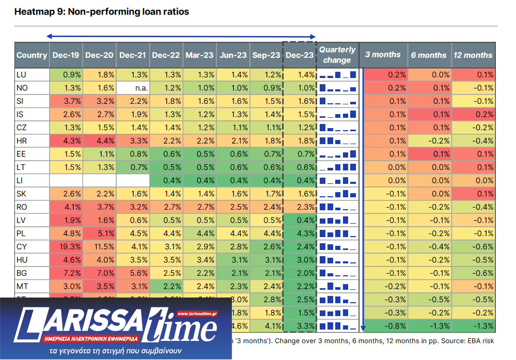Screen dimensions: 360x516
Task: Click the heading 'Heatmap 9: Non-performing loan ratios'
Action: coord(102,12)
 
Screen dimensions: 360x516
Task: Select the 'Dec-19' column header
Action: coord(66,55)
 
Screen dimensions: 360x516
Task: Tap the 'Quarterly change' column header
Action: coord(337,55)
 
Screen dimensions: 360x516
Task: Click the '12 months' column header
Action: coord(473,55)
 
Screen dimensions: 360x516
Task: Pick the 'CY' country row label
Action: coord(22,247)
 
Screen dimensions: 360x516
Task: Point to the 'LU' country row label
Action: coord(22,75)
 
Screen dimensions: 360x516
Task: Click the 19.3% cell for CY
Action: coord(66,247)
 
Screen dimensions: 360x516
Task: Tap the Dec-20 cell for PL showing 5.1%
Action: coord(99,233)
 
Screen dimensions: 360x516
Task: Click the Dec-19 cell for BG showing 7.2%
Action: coord(66,272)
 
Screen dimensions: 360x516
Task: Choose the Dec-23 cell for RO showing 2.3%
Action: coord(300,207)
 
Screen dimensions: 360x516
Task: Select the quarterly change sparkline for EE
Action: coord(337,154)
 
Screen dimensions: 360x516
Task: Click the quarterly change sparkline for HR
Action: coord(337,141)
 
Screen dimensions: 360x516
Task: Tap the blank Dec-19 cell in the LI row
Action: coord(66,180)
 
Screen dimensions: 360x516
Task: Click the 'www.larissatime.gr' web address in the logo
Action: coord(197,314)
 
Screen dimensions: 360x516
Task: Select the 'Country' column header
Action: coord(32,55)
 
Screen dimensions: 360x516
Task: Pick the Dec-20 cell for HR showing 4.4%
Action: coord(99,141)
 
